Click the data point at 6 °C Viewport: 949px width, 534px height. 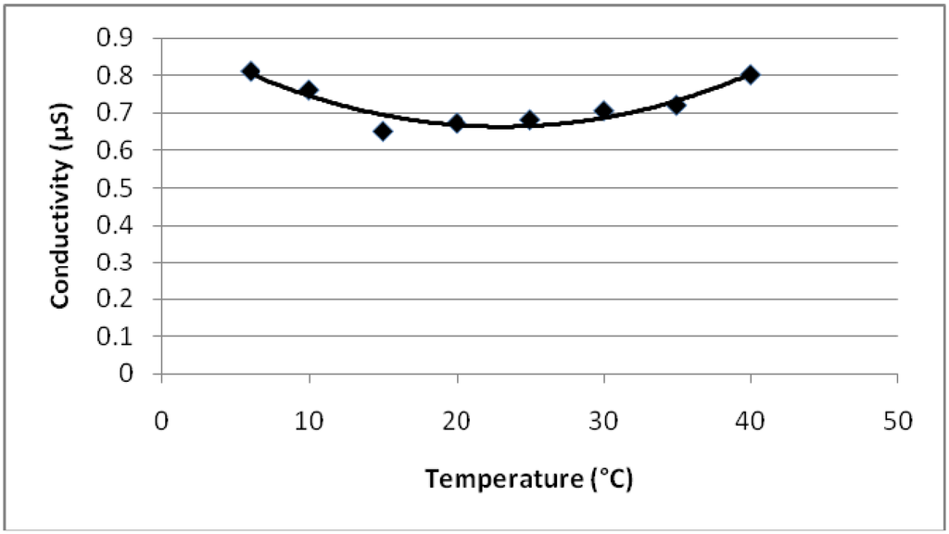point(250,71)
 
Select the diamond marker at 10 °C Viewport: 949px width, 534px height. point(309,90)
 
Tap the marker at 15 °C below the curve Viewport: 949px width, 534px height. point(383,131)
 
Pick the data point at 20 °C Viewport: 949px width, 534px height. point(456,122)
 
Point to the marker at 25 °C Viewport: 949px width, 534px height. point(529,120)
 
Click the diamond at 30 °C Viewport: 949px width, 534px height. point(603,111)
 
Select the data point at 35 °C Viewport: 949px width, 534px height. point(677,105)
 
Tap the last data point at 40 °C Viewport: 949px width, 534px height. point(751,74)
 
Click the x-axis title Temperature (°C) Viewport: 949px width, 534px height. point(529,479)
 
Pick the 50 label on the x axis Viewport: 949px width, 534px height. point(897,422)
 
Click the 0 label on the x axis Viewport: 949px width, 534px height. point(162,422)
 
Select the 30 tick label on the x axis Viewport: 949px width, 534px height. point(603,422)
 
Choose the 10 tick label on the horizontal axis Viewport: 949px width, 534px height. point(309,422)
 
